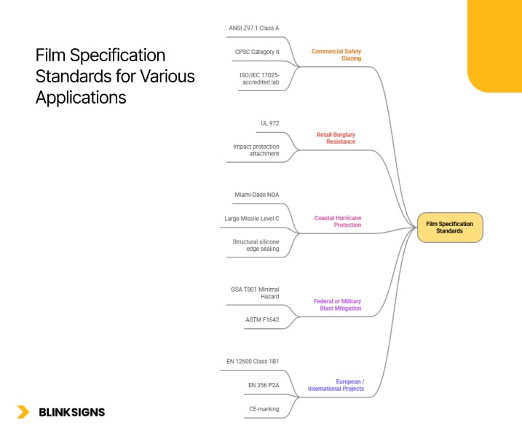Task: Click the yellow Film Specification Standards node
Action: pyautogui.click(x=449, y=227)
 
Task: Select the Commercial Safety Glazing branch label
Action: pyautogui.click(x=336, y=55)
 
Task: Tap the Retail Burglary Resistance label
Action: pyautogui.click(x=336, y=138)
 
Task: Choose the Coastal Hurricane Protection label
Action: pyautogui.click(x=337, y=221)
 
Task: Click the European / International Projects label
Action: pyautogui.click(x=336, y=385)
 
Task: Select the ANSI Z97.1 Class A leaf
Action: pyautogui.click(x=253, y=28)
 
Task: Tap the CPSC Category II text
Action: pyautogui.click(x=257, y=52)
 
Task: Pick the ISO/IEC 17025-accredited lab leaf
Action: pyautogui.click(x=259, y=78)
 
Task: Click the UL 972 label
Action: pyautogui.click(x=269, y=123)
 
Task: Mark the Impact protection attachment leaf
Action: pyautogui.click(x=256, y=150)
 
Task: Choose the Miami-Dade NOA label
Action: pyautogui.click(x=256, y=195)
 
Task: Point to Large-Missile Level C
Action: pyautogui.click(x=251, y=218)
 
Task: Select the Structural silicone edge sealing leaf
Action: pyautogui.click(x=256, y=245)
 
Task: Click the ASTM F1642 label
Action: pyautogui.click(x=262, y=319)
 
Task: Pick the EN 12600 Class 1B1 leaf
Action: pyautogui.click(x=253, y=360)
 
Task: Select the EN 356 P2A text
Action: pyautogui.click(x=263, y=385)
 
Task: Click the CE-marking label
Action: pyautogui.click(x=264, y=409)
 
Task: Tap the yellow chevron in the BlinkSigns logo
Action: pyautogui.click(x=23, y=412)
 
